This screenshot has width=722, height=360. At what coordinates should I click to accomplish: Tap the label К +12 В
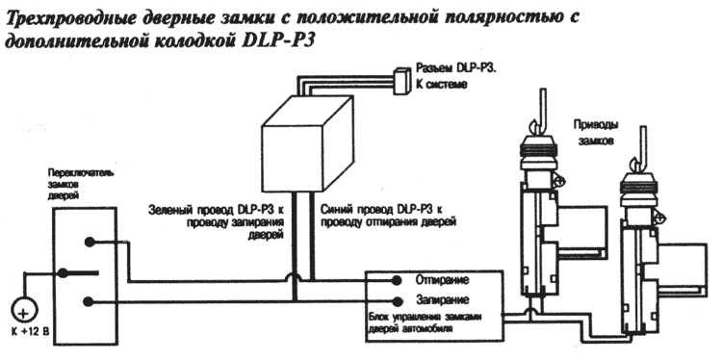(27, 331)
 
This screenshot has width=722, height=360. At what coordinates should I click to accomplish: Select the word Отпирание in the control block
(442, 280)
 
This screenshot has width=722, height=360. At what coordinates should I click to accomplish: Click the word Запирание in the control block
(442, 300)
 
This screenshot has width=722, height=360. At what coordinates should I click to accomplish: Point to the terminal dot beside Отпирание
(397, 280)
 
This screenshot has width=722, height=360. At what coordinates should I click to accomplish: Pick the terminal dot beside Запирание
(397, 301)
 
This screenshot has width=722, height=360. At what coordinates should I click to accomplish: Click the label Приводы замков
(595, 132)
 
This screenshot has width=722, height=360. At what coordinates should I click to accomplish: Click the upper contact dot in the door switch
(89, 242)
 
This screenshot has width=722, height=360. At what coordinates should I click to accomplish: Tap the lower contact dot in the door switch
(89, 301)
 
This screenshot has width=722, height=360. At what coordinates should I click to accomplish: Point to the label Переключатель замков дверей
(81, 184)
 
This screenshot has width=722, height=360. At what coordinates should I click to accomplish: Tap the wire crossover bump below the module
(294, 276)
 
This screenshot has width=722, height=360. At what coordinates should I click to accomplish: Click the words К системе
(442, 85)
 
